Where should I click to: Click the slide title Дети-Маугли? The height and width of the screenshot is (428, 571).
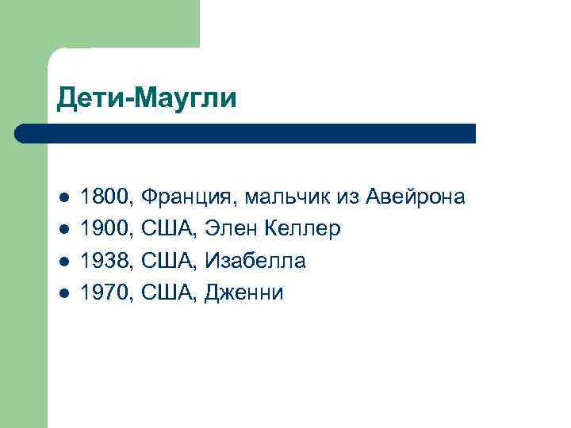(147, 99)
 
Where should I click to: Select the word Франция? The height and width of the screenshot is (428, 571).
(190, 197)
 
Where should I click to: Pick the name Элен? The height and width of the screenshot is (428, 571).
(229, 229)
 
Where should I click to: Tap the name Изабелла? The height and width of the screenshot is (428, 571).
(255, 261)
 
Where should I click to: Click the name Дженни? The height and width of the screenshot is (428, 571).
(243, 293)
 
